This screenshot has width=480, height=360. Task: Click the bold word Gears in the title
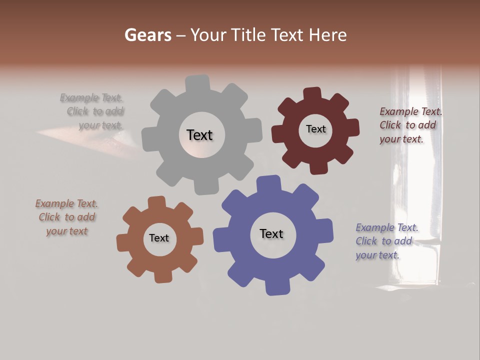pyautogui.click(x=147, y=35)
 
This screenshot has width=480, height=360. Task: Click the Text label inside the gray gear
pyautogui.click(x=199, y=135)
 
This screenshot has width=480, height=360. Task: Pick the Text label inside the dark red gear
pyautogui.click(x=315, y=129)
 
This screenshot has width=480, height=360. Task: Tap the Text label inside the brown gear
pyautogui.click(x=159, y=238)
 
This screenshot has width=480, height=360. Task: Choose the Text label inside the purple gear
pyautogui.click(x=271, y=233)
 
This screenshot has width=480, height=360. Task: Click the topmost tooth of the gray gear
pyautogui.click(x=197, y=83)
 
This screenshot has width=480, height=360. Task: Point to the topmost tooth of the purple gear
pyautogui.click(x=268, y=183)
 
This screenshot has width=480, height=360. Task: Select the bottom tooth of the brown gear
pyautogui.click(x=163, y=275)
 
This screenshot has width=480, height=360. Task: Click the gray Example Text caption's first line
pyautogui.click(x=91, y=97)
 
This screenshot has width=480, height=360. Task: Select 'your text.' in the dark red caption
pyautogui.click(x=401, y=139)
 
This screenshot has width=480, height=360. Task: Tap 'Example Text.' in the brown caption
pyautogui.click(x=66, y=203)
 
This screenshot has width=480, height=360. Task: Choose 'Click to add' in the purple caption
pyautogui.click(x=384, y=241)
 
